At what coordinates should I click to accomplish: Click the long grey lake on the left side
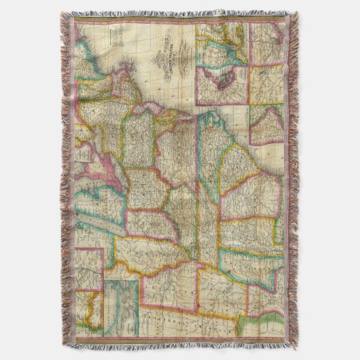(x=102, y=224)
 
